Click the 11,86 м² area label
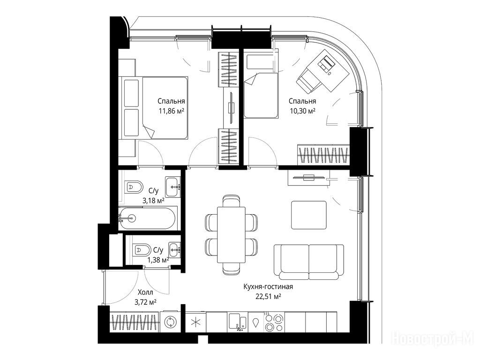point(171,111)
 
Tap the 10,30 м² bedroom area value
point(303,111)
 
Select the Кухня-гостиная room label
point(268,287)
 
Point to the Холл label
point(145,292)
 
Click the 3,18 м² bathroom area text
point(153,201)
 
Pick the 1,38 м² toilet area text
point(158,260)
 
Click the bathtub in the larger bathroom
point(148,218)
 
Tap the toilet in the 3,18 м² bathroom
point(134,187)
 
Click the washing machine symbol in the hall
point(169,322)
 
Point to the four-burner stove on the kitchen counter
point(274,322)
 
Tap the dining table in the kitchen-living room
point(232,235)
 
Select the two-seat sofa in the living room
point(308,262)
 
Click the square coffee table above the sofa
point(309,215)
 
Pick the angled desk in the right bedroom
point(323,71)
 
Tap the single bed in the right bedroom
point(261,95)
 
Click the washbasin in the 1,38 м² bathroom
point(175,250)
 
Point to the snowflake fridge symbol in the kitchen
point(195,322)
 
